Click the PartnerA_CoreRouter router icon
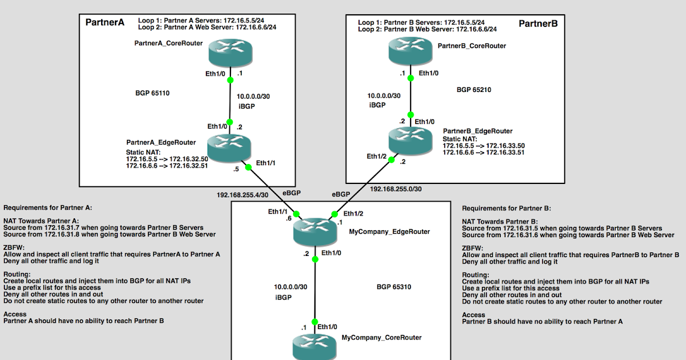(230, 53)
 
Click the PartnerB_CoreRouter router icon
(410, 53)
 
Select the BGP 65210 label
(474, 90)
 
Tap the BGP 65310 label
(394, 286)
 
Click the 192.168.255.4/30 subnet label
(242, 194)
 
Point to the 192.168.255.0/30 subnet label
(396, 189)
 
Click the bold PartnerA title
(105, 23)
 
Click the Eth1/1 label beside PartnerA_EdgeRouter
(266, 162)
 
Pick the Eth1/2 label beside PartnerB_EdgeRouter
(377, 156)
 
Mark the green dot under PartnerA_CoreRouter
(230, 81)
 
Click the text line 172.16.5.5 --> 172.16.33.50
(484, 146)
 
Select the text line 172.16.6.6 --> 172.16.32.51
(166, 166)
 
